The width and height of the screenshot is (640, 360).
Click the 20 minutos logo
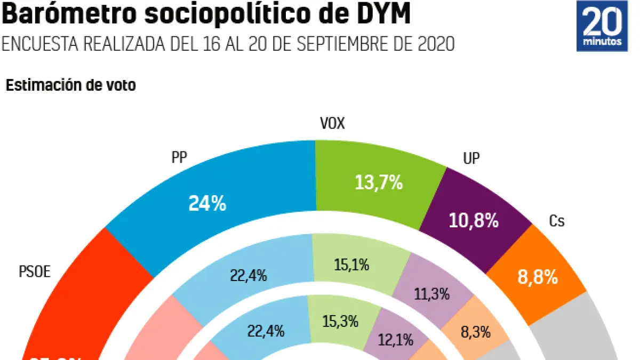click(x=602, y=26)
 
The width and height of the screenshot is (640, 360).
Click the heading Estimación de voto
click(x=70, y=85)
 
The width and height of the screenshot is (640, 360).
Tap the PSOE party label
click(x=35, y=272)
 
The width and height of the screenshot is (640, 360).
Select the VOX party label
click(x=332, y=124)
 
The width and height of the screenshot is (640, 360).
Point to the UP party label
click(x=471, y=158)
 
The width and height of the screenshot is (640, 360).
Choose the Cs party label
click(x=557, y=221)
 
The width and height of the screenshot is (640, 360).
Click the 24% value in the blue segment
click(x=207, y=203)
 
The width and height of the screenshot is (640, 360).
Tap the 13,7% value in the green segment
click(x=379, y=183)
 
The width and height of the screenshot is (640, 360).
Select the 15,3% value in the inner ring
click(x=340, y=322)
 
